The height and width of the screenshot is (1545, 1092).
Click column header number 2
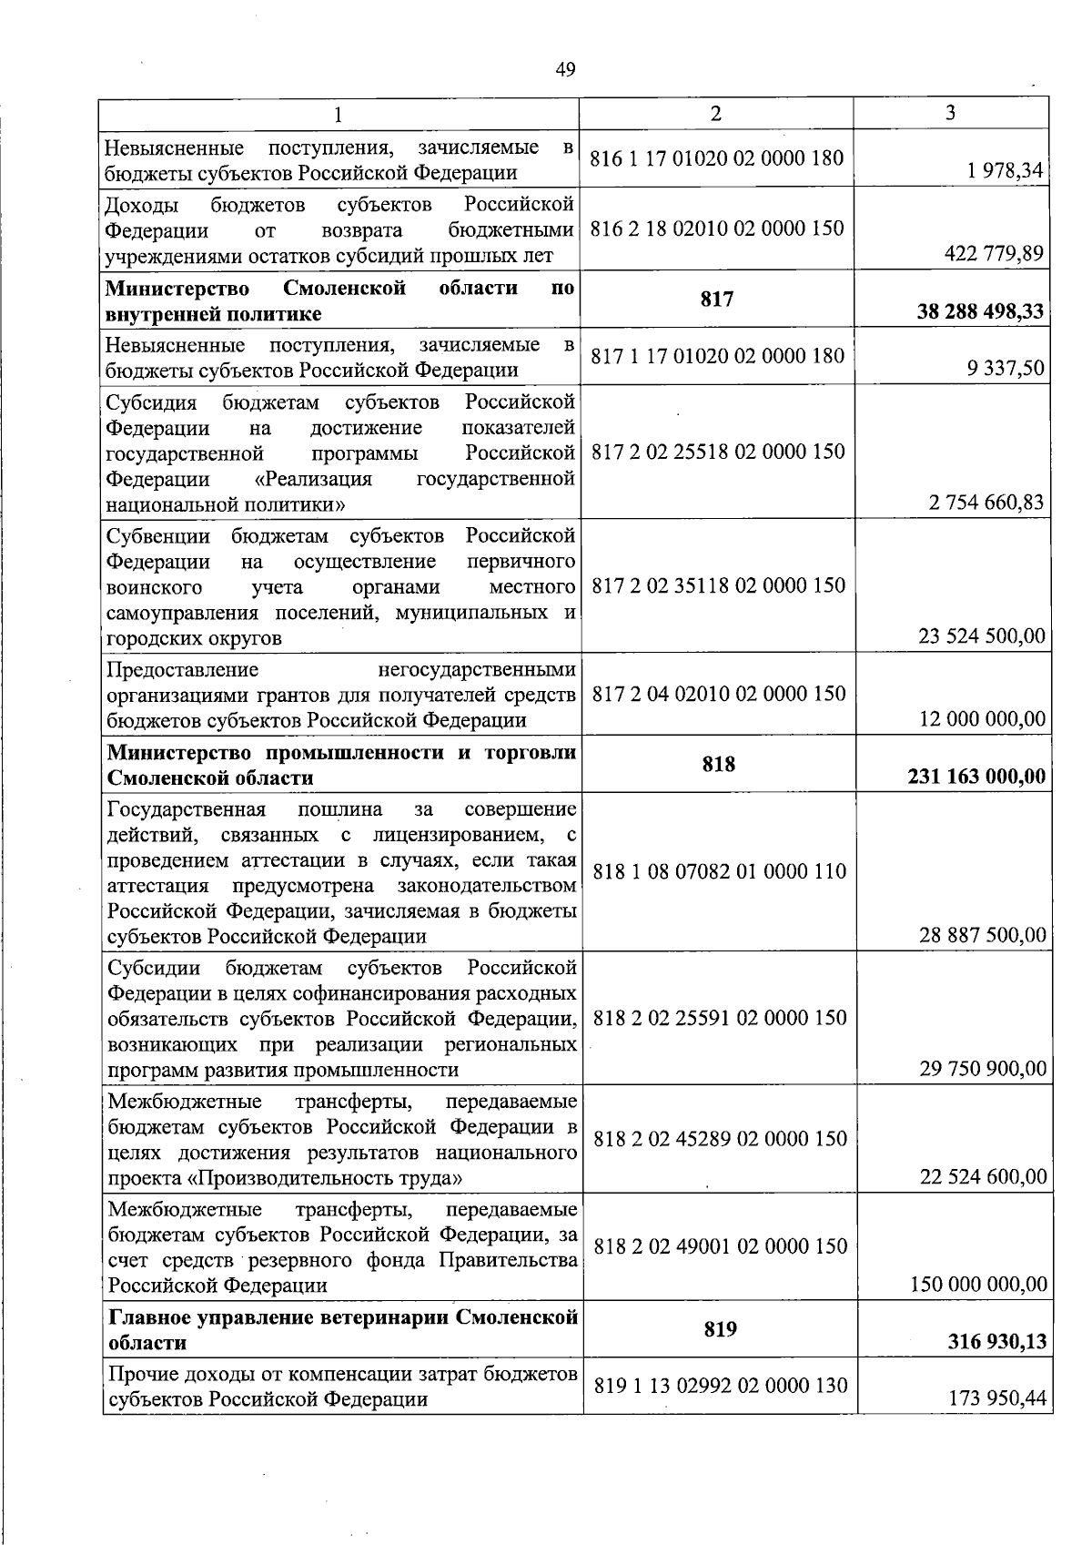coord(716,113)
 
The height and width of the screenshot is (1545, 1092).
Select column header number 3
coord(950,113)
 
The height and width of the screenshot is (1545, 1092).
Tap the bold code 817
coord(717,299)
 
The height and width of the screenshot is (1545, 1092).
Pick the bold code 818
coord(718,764)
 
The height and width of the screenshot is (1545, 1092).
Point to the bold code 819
coord(719,1329)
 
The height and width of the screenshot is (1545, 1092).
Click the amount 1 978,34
coord(1006,170)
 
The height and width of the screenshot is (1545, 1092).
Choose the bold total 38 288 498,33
coord(980,312)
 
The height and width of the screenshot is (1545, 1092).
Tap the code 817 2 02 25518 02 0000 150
coord(718,452)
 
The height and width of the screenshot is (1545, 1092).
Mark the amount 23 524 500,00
coord(983,635)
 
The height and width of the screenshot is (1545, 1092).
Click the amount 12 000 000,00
coord(983,719)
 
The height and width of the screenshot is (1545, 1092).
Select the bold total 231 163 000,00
coord(976,778)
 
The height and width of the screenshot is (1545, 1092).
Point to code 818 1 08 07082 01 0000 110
coord(719,871)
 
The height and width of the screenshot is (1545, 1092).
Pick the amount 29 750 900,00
coord(983,1069)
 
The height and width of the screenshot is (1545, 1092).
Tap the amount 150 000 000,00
coord(978,1285)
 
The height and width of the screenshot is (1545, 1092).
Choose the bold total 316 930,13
coord(996,1342)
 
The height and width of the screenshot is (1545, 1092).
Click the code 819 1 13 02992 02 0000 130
coord(720,1386)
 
